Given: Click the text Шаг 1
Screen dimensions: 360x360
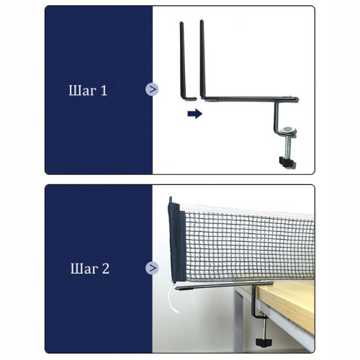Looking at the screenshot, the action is [88, 91].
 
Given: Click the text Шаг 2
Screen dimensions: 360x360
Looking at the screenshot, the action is [90, 269].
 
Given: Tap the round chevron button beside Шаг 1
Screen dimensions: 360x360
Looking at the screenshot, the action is [152, 89].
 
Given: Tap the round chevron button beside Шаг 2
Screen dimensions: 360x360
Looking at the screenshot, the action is [152, 268].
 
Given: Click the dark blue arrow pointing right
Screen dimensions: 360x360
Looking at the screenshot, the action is [195, 114].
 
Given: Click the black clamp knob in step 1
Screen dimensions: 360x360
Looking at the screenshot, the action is [287, 162].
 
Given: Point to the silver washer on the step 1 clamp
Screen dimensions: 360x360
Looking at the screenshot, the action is [288, 131].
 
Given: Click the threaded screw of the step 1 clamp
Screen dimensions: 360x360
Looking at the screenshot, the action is [288, 147].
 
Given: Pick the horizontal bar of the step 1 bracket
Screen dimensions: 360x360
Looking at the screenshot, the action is [251, 99].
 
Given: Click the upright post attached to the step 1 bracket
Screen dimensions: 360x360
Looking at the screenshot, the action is [203, 59].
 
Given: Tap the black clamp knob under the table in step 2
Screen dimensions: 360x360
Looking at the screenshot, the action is [264, 342].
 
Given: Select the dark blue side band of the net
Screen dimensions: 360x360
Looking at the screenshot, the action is [177, 242].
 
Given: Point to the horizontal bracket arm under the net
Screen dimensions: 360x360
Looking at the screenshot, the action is [224, 285].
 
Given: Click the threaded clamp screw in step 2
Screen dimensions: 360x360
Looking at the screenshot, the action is [264, 328].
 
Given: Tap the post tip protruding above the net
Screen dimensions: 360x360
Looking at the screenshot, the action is [171, 199].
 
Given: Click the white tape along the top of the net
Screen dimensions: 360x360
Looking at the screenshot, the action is [247, 210].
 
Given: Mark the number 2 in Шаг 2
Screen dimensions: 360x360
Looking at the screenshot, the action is [106, 269].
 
